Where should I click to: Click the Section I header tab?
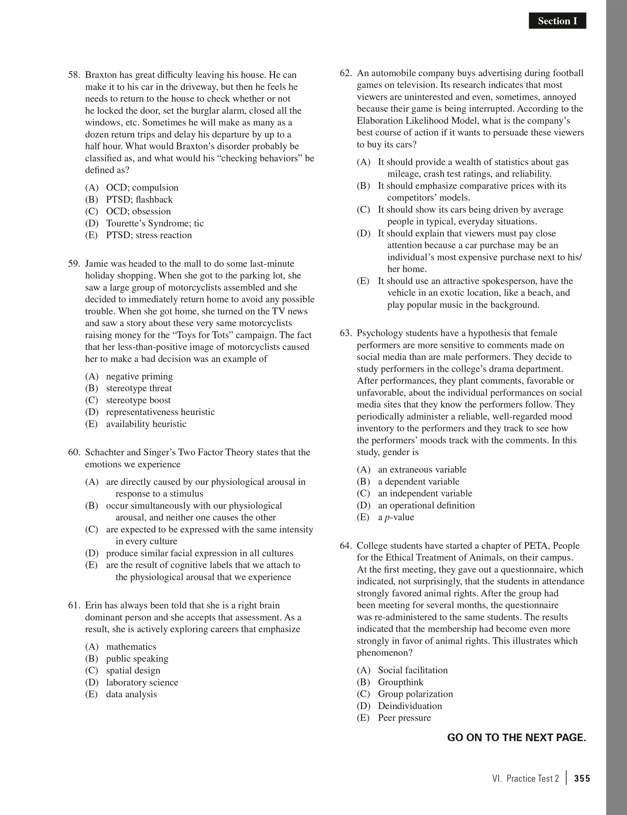pyautogui.click(x=557, y=21)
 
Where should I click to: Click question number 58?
pyautogui.click(x=74, y=75)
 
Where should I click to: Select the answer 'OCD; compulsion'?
pyautogui.click(x=142, y=187)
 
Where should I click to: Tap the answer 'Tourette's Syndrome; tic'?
pyautogui.click(x=155, y=223)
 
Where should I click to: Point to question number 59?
pyautogui.click(x=74, y=264)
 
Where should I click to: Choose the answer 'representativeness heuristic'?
pyautogui.click(x=160, y=412)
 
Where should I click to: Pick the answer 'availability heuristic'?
pyautogui.click(x=146, y=424)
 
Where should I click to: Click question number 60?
pyautogui.click(x=74, y=452)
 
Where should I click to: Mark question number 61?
pyautogui.click(x=74, y=605)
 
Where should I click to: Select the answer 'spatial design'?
pyautogui.click(x=133, y=670)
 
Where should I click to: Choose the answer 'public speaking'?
pyautogui.click(x=137, y=659)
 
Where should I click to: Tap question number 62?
pyautogui.click(x=346, y=73)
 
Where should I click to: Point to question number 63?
pyautogui.click(x=346, y=333)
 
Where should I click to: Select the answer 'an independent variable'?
pyautogui.click(x=425, y=493)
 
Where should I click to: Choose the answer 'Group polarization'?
pyautogui.click(x=415, y=694)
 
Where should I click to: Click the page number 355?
pyautogui.click(x=582, y=779)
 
